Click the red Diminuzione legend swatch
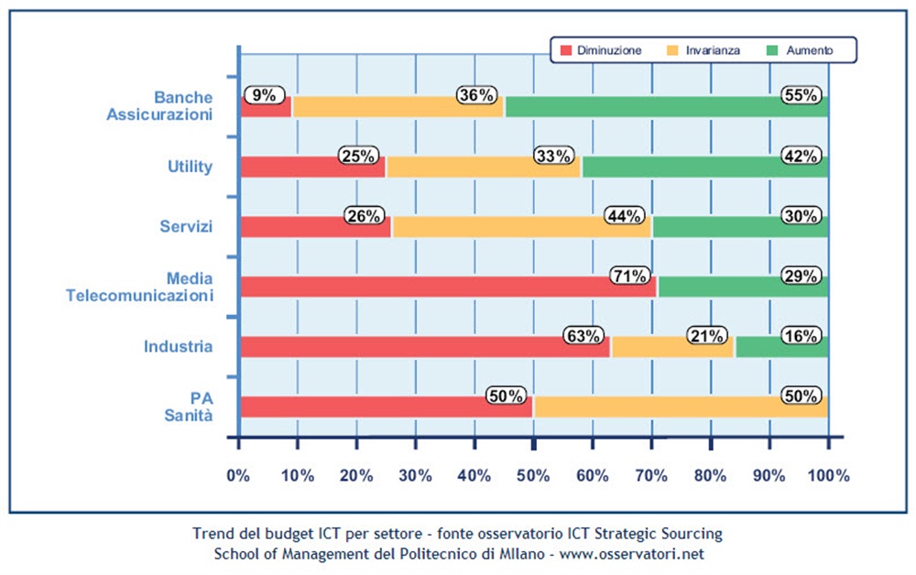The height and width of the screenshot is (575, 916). coord(565,49)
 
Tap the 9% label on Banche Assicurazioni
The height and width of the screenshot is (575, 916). coord(264,94)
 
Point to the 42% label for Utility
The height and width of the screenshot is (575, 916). coord(800,156)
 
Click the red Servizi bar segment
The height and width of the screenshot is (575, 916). coord(314,226)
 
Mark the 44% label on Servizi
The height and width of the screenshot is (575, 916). coord(624,215)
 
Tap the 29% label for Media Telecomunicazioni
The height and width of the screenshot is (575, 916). coord(800,276)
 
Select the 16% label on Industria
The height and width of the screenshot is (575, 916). coord(800,335)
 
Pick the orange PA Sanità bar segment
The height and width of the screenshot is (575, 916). coord(681,407)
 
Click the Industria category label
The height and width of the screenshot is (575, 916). coord(178,347)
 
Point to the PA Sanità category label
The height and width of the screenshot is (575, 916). coord(190,406)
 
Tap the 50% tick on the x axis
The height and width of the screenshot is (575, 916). coord(533,475)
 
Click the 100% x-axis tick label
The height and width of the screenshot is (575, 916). coord(828,475)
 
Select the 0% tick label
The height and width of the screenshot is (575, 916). coord(239,475)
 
